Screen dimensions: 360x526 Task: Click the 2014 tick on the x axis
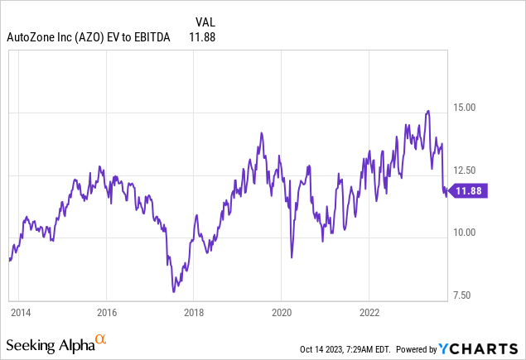tap(20, 313)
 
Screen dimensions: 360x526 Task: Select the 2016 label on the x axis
tap(106, 313)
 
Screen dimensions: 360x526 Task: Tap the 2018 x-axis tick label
tap(194, 313)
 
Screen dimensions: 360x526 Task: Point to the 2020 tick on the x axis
tap(282, 313)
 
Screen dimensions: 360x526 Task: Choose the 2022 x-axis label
tap(369, 313)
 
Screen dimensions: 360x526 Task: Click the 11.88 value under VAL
tap(202, 36)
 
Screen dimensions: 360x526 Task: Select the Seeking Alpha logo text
tap(50, 343)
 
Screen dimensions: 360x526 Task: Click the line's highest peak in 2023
tap(427, 110)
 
